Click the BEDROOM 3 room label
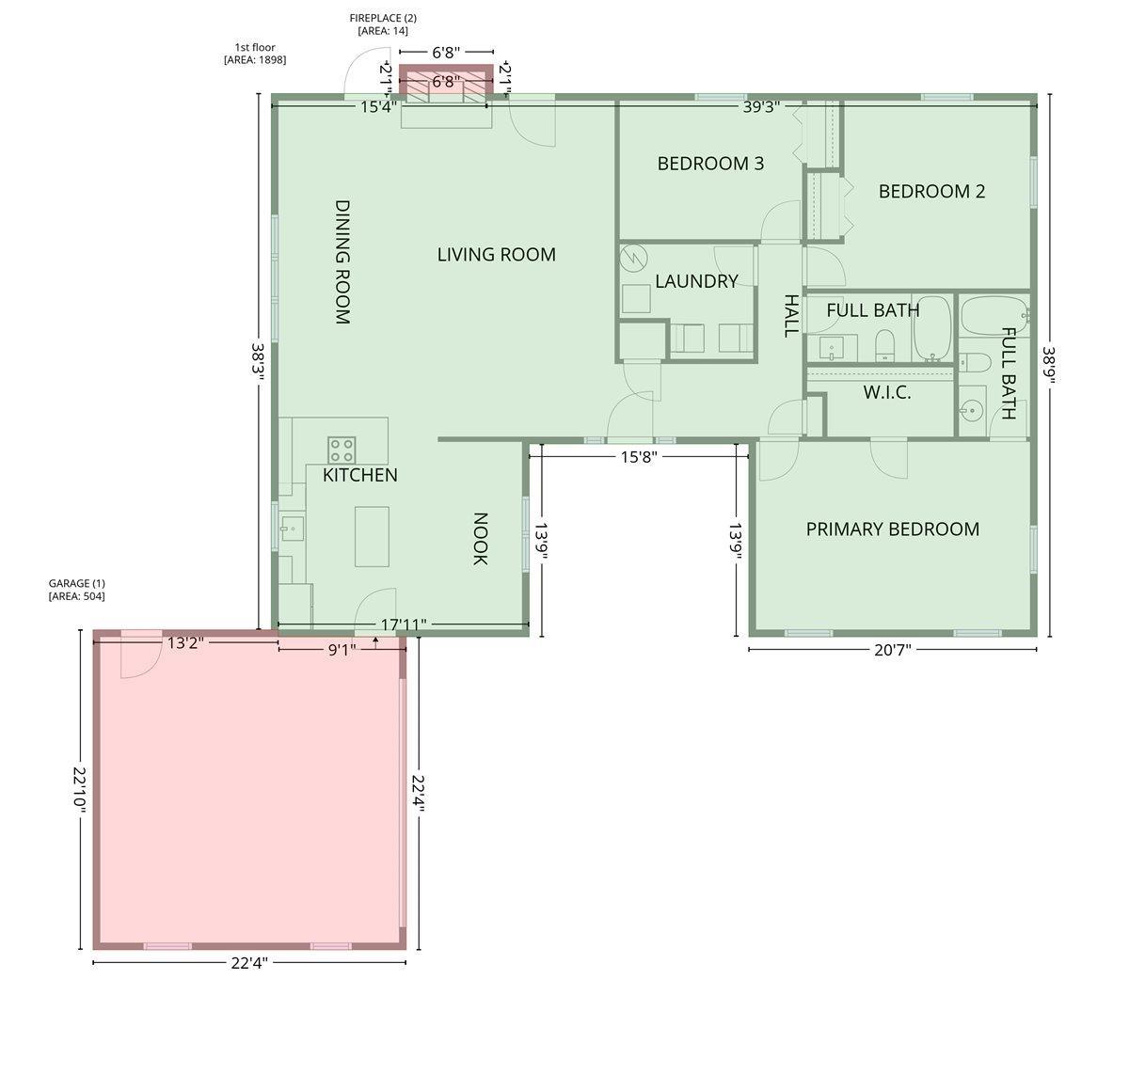[710, 164]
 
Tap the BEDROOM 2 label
[931, 192]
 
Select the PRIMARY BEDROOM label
[892, 529]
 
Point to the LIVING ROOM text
[496, 255]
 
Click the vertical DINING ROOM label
[342, 261]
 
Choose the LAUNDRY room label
[696, 281]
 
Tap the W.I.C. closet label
[886, 393]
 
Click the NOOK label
[479, 539]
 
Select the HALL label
[791, 315]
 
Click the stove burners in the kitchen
[342, 449]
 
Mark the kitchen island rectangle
[372, 536]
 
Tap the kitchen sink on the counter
[292, 529]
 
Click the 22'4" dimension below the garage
[249, 963]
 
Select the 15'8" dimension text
[639, 457]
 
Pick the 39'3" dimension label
[761, 107]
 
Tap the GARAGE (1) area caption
[76, 590]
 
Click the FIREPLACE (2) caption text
[383, 24]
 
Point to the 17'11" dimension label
[404, 624]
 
